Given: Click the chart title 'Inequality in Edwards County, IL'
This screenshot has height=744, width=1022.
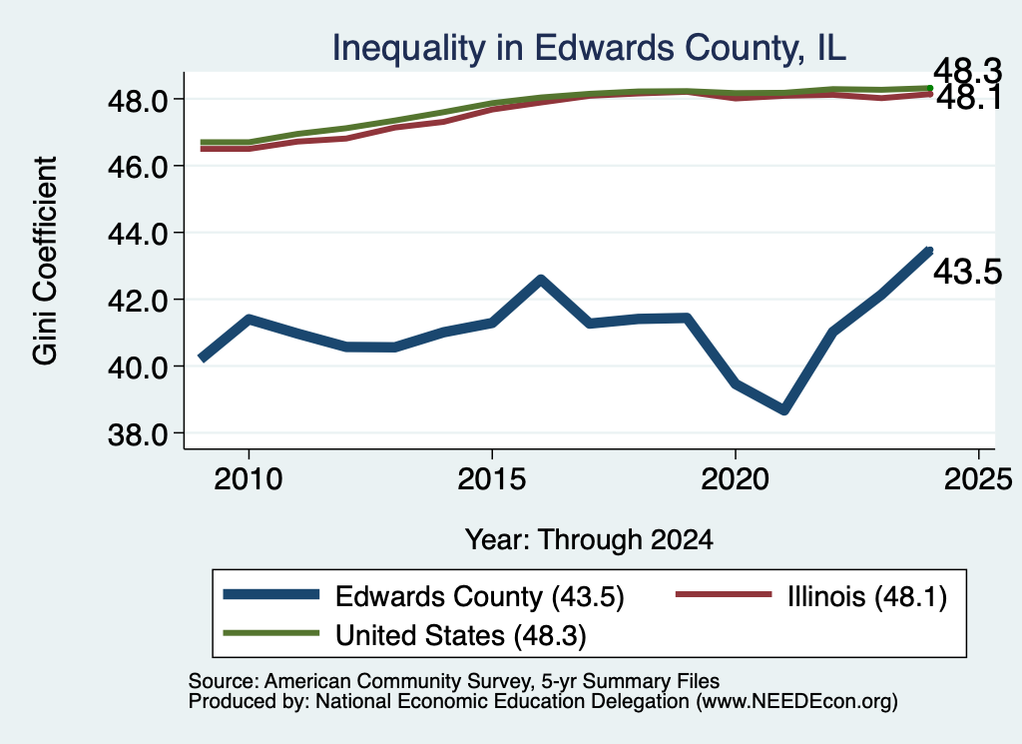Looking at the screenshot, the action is click(589, 48).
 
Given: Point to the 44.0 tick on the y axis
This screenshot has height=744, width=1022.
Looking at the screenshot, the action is click(137, 234).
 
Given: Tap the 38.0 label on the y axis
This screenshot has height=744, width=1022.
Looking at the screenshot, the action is click(137, 433).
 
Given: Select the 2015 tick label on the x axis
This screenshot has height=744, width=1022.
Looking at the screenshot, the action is click(491, 479).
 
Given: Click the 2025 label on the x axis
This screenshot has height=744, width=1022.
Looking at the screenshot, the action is click(978, 479).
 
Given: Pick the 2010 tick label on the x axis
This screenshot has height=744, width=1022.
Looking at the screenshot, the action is click(249, 479).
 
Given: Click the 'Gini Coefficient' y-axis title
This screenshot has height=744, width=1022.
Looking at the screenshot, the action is click(45, 261).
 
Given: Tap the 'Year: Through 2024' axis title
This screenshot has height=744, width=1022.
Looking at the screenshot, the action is click(589, 540).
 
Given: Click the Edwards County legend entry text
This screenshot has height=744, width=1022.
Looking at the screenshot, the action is click(480, 596).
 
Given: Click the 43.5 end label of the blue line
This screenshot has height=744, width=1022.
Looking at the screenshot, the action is click(967, 272).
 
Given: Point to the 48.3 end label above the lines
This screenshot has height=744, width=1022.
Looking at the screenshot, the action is click(967, 71).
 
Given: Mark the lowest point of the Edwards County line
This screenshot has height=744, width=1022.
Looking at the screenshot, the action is click(784, 409).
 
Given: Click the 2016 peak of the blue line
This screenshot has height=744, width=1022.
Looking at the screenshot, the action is click(540, 280).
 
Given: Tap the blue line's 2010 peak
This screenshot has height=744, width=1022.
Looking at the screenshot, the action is click(249, 319).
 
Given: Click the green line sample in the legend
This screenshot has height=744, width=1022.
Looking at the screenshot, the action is click(271, 633).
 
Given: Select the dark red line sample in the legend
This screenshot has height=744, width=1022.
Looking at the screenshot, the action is click(724, 594).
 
